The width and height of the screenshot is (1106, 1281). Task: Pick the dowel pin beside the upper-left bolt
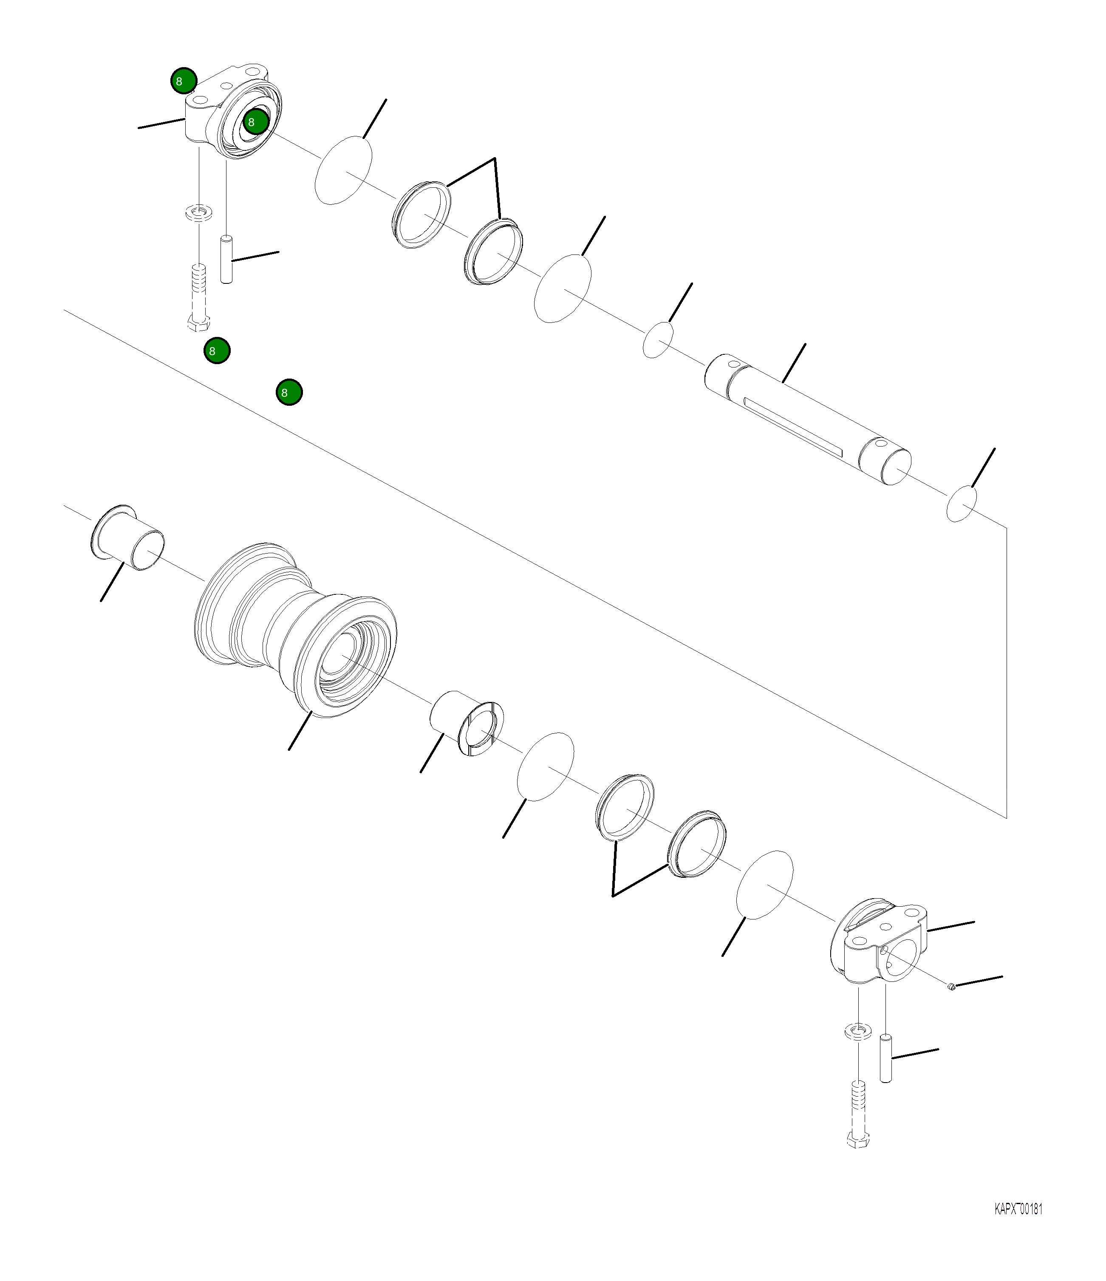[x=227, y=258]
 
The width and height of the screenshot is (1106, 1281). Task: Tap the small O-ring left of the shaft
[x=659, y=339]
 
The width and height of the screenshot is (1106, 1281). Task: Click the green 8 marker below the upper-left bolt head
[x=216, y=351]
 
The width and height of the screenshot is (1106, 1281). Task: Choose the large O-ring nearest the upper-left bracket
[x=344, y=170]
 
